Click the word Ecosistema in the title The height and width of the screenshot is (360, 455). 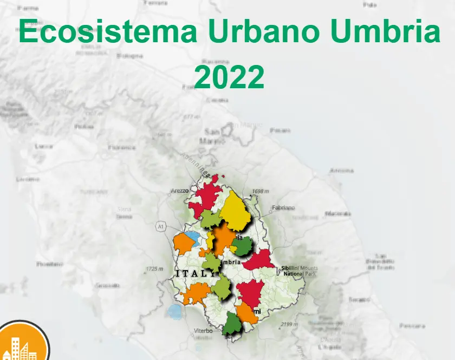click(108, 34)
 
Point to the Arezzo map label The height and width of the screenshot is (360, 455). click(180, 191)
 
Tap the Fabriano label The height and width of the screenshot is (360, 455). click(283, 207)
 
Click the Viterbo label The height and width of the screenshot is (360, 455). click(203, 330)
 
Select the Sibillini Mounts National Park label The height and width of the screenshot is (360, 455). click(300, 271)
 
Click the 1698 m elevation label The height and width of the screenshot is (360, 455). click(261, 192)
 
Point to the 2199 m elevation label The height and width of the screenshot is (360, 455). click(290, 324)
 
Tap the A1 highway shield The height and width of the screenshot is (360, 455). click(160, 227)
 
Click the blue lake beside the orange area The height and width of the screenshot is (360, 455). click(191, 237)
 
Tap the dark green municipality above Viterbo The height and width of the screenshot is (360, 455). click(232, 324)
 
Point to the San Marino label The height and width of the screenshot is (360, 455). click(212, 136)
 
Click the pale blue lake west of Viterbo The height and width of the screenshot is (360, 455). click(174, 311)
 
